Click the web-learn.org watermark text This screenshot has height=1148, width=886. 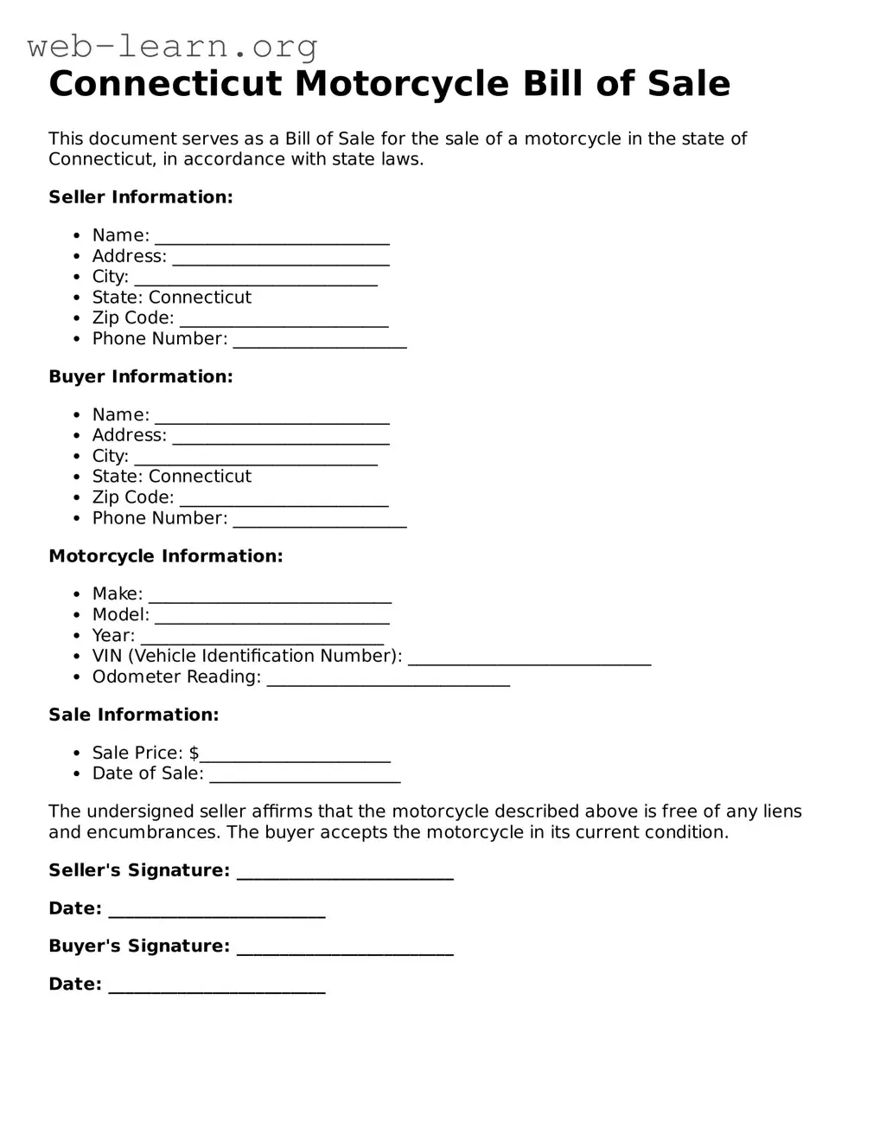pyautogui.click(x=172, y=46)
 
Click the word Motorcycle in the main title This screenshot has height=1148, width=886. pyautogui.click(x=402, y=84)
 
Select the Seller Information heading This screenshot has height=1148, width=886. pyautogui.click(x=141, y=197)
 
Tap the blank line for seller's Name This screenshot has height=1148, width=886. pyautogui.click(x=271, y=237)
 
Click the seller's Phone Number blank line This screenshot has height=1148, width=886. pyautogui.click(x=320, y=341)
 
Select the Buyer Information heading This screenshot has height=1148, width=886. pyautogui.click(x=141, y=377)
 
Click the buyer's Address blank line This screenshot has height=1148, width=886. pyautogui.click(x=280, y=437)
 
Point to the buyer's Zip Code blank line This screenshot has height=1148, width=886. pyautogui.click(x=284, y=499)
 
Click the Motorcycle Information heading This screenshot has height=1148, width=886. pyautogui.click(x=165, y=556)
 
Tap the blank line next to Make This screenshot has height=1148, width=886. pyautogui.click(x=270, y=595)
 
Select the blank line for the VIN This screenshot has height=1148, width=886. pyautogui.click(x=529, y=657)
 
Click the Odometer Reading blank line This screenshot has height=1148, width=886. pyautogui.click(x=388, y=678)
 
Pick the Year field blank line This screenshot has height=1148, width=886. pyautogui.click(x=261, y=637)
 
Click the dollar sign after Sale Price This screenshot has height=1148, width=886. pyautogui.click(x=194, y=754)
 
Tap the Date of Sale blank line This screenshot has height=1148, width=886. pyautogui.click(x=304, y=775)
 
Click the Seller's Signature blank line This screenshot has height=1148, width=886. pyautogui.click(x=344, y=872)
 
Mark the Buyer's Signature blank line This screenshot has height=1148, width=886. pyautogui.click(x=344, y=947)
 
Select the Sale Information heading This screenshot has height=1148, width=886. pyautogui.click(x=133, y=715)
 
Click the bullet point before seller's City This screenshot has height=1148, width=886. pyautogui.click(x=77, y=278)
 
